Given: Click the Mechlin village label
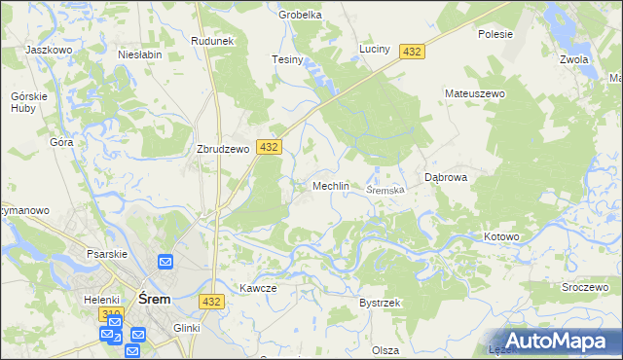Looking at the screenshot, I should [x=330, y=186].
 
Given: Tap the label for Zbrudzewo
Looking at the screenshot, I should [x=225, y=150].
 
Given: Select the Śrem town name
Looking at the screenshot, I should [x=156, y=300].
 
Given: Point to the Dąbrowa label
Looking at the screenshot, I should [x=448, y=178].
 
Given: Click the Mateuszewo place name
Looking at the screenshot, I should [x=472, y=93].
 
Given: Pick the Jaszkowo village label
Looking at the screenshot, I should [x=51, y=49].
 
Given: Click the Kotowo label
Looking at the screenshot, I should [x=502, y=236].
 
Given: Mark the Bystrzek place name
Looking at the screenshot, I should [x=380, y=304].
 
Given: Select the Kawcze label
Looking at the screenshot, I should [x=258, y=288].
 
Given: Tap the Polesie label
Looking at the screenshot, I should [x=495, y=33].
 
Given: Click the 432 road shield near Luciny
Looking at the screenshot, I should [x=412, y=52].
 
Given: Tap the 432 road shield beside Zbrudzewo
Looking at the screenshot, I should [x=270, y=147].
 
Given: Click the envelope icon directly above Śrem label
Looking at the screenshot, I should [x=165, y=262].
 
